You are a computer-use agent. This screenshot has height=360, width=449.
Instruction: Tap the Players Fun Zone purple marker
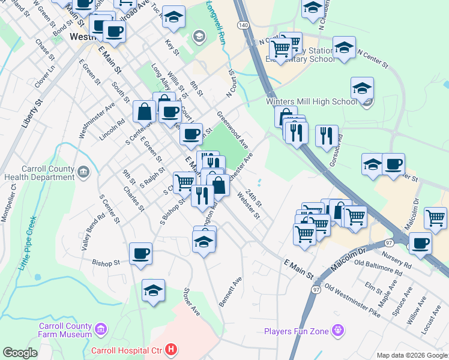[x=339, y=330]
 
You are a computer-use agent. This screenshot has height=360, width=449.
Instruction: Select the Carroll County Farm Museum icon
[x=100, y=329]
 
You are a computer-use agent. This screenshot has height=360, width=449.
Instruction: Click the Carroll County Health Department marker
[x=84, y=173]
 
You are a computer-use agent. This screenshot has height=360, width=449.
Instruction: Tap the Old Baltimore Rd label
[x=376, y=267]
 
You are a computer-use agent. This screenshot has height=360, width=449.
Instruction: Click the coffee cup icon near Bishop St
[x=140, y=254]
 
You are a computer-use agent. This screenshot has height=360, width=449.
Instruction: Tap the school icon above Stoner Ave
[x=153, y=291]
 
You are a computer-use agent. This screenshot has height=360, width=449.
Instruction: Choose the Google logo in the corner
[x=20, y=353]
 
